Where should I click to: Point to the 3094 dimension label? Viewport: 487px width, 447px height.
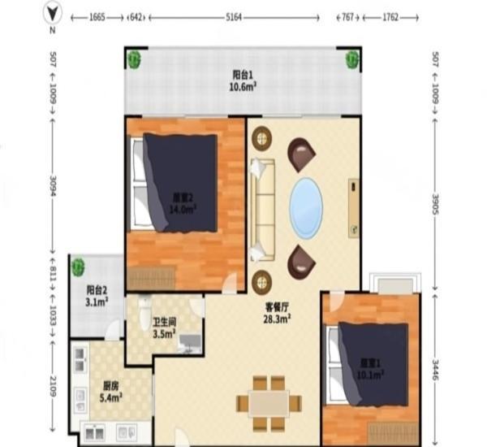pos(54,184)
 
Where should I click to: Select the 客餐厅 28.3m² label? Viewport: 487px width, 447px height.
pos(278,313)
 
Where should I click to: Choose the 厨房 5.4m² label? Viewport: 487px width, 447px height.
pos(112,387)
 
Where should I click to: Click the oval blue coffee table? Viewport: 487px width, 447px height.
pos(307,203)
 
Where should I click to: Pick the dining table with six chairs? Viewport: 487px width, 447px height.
pos(269,402)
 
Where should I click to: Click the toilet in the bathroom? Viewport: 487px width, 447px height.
pos(144,313)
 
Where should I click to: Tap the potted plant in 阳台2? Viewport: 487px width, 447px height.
pos(79,265)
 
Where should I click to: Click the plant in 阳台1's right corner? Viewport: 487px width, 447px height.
pos(352,58)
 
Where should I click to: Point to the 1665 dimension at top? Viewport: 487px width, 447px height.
pos(96,16)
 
